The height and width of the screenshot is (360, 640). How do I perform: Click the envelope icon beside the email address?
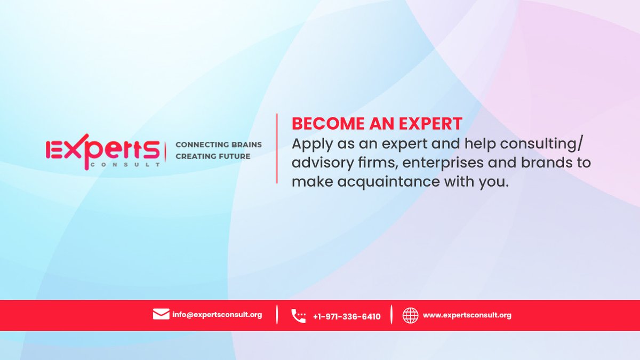point(161,314)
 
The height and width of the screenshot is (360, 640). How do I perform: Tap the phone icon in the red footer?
point(299,316)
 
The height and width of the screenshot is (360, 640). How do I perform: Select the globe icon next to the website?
point(410,315)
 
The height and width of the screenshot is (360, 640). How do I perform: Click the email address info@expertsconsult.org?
point(217,315)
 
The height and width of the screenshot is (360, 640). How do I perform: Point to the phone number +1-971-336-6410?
point(347,316)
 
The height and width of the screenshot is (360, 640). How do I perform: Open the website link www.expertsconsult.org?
point(467,315)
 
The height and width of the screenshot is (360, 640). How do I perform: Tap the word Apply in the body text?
point(309,143)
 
